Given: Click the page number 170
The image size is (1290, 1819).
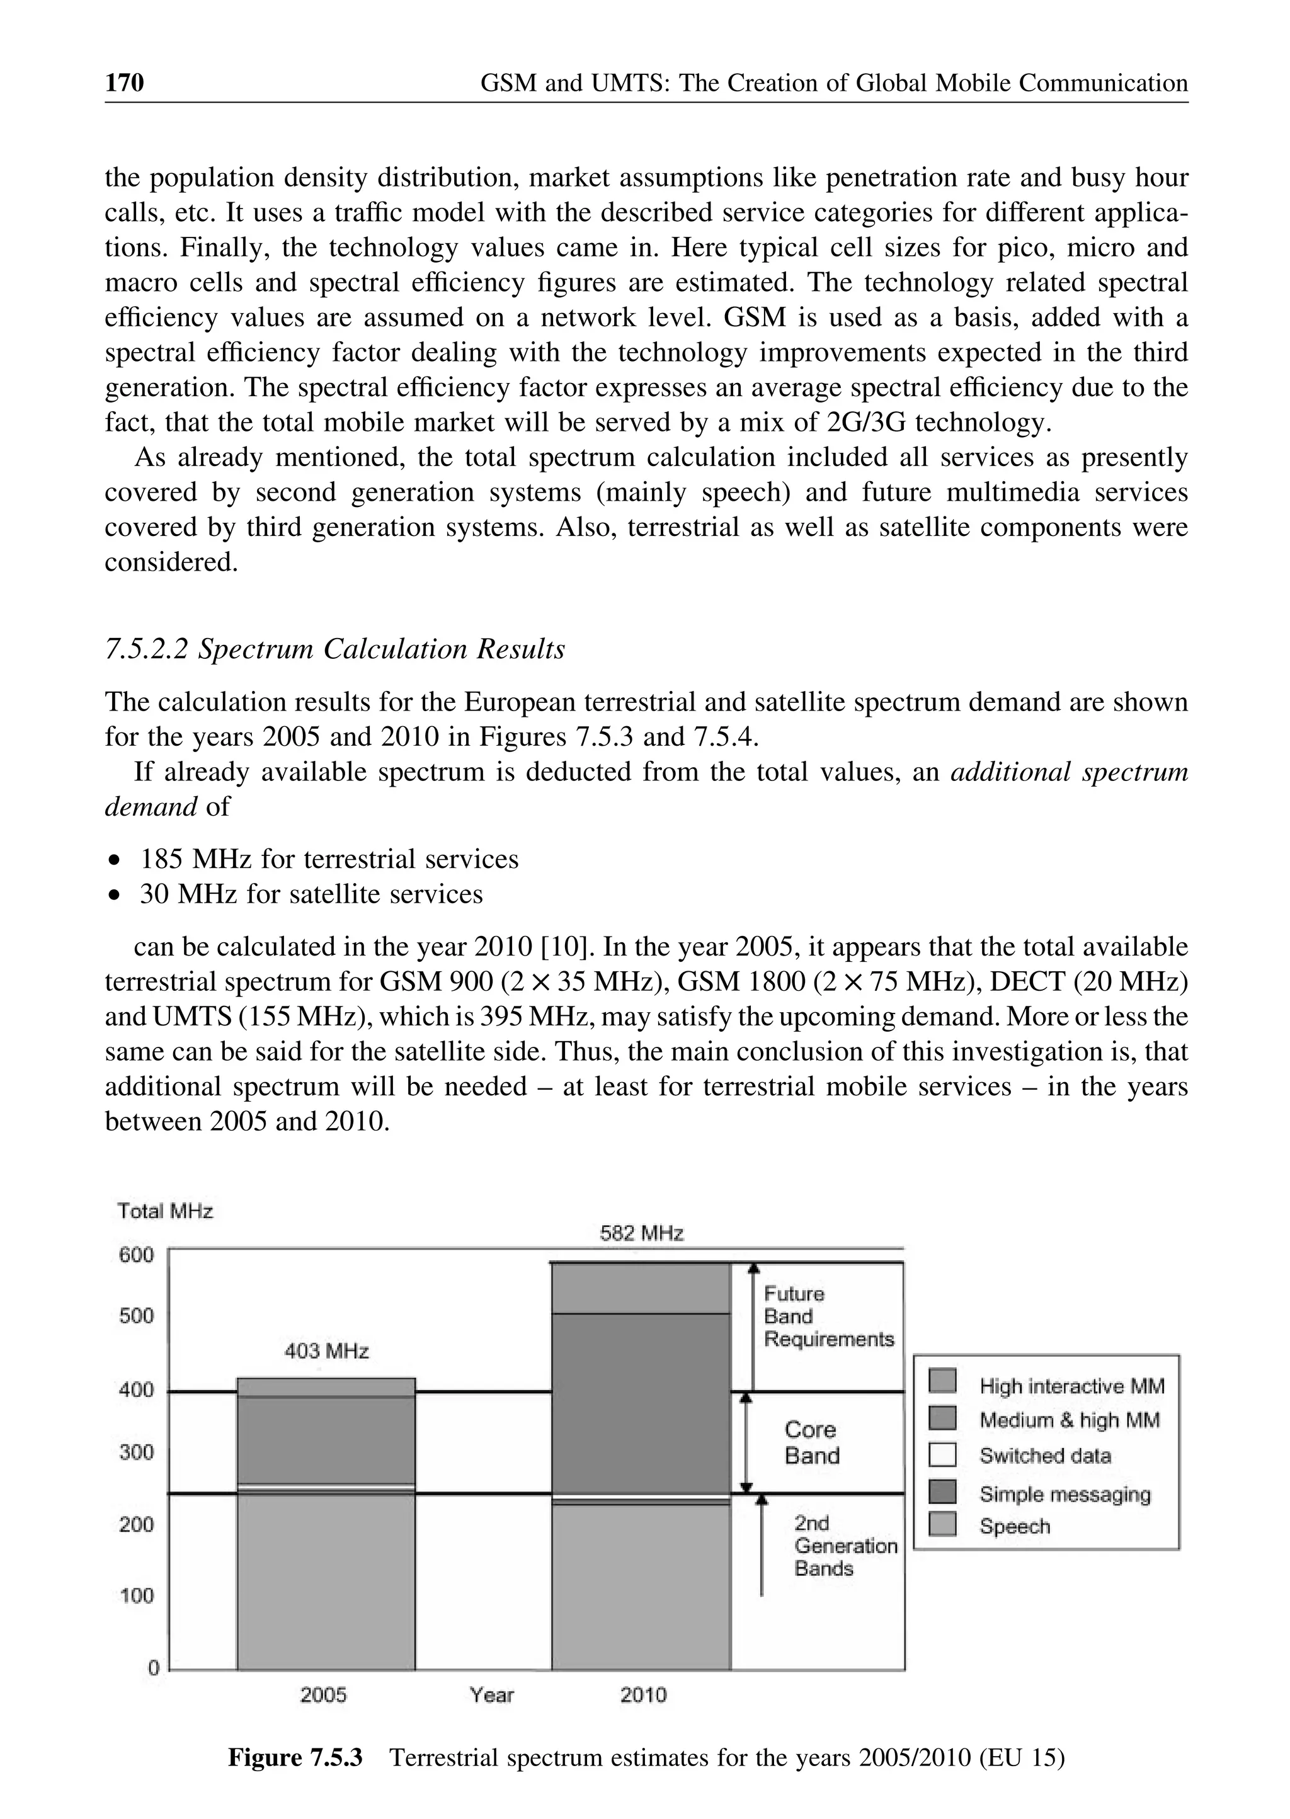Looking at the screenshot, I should [x=125, y=83].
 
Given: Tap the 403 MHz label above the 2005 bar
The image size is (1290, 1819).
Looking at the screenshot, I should [x=326, y=1351].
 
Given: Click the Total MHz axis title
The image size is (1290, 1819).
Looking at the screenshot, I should [x=165, y=1211].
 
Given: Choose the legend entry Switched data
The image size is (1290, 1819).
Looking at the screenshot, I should [x=1044, y=1456].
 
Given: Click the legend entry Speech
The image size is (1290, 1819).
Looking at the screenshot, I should [x=1014, y=1526].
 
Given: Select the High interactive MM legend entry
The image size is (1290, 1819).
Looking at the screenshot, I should [x=1071, y=1386].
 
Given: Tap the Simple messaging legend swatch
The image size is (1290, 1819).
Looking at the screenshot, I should [x=942, y=1493].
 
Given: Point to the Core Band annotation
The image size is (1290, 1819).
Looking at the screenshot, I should [x=811, y=1442].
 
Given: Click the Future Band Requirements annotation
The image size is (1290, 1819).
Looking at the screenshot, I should [x=828, y=1316].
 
